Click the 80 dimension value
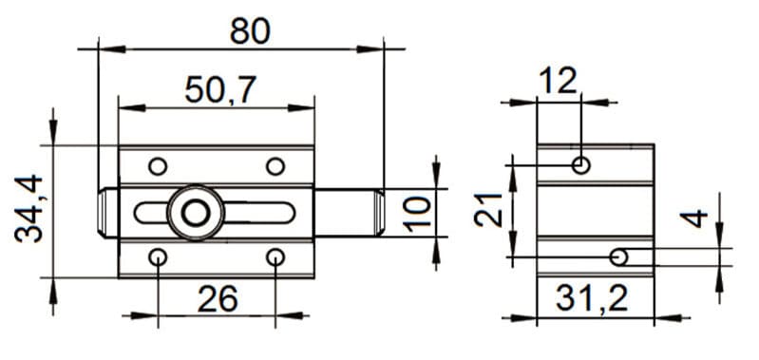[x=250, y=31]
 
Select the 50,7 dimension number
[x=220, y=90]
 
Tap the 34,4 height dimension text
[x=29, y=209]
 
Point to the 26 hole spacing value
[x=218, y=298]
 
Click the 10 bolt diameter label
[x=417, y=214]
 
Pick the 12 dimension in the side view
[x=559, y=81]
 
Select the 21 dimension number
[x=488, y=210]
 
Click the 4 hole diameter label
[x=693, y=218]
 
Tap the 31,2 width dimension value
[x=592, y=298]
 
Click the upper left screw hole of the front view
[x=158, y=166]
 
